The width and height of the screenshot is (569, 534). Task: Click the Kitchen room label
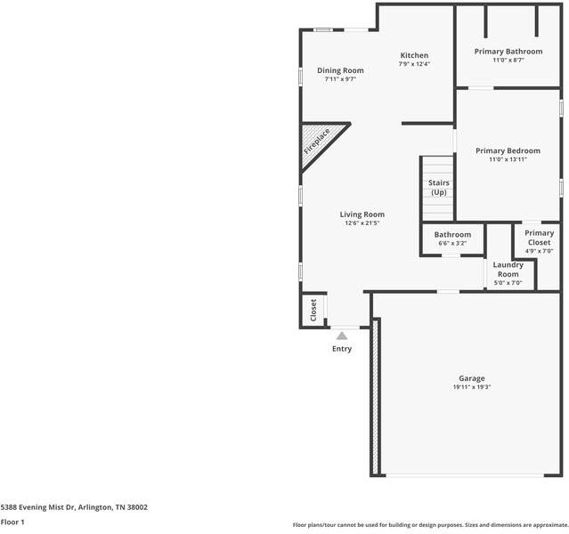point(414,55)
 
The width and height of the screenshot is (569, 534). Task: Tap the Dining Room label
point(340,70)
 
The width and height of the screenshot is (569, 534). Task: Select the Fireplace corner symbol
point(316,142)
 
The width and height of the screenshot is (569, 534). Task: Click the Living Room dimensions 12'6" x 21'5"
point(362,223)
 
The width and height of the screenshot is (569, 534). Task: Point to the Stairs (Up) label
point(438,187)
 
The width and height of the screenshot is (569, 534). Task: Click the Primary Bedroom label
point(508,150)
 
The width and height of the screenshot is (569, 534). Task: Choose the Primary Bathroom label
point(508,52)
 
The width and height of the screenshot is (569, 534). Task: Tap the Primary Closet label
point(539,237)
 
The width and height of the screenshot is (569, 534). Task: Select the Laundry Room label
point(508,269)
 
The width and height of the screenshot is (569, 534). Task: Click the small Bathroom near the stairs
point(452,234)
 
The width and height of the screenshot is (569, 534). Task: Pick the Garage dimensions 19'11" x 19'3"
point(472,387)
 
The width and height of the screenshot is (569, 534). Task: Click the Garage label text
point(472,378)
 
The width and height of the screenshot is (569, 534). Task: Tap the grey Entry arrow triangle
point(341,336)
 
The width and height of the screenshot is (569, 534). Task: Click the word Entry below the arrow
point(342,349)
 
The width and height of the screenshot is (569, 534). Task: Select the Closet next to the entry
point(313,310)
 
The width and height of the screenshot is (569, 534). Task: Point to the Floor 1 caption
point(12,522)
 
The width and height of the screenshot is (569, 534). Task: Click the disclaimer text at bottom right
point(429,525)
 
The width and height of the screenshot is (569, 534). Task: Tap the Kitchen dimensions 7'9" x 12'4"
point(414,64)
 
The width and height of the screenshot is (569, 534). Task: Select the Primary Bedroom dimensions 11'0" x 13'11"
point(508,160)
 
